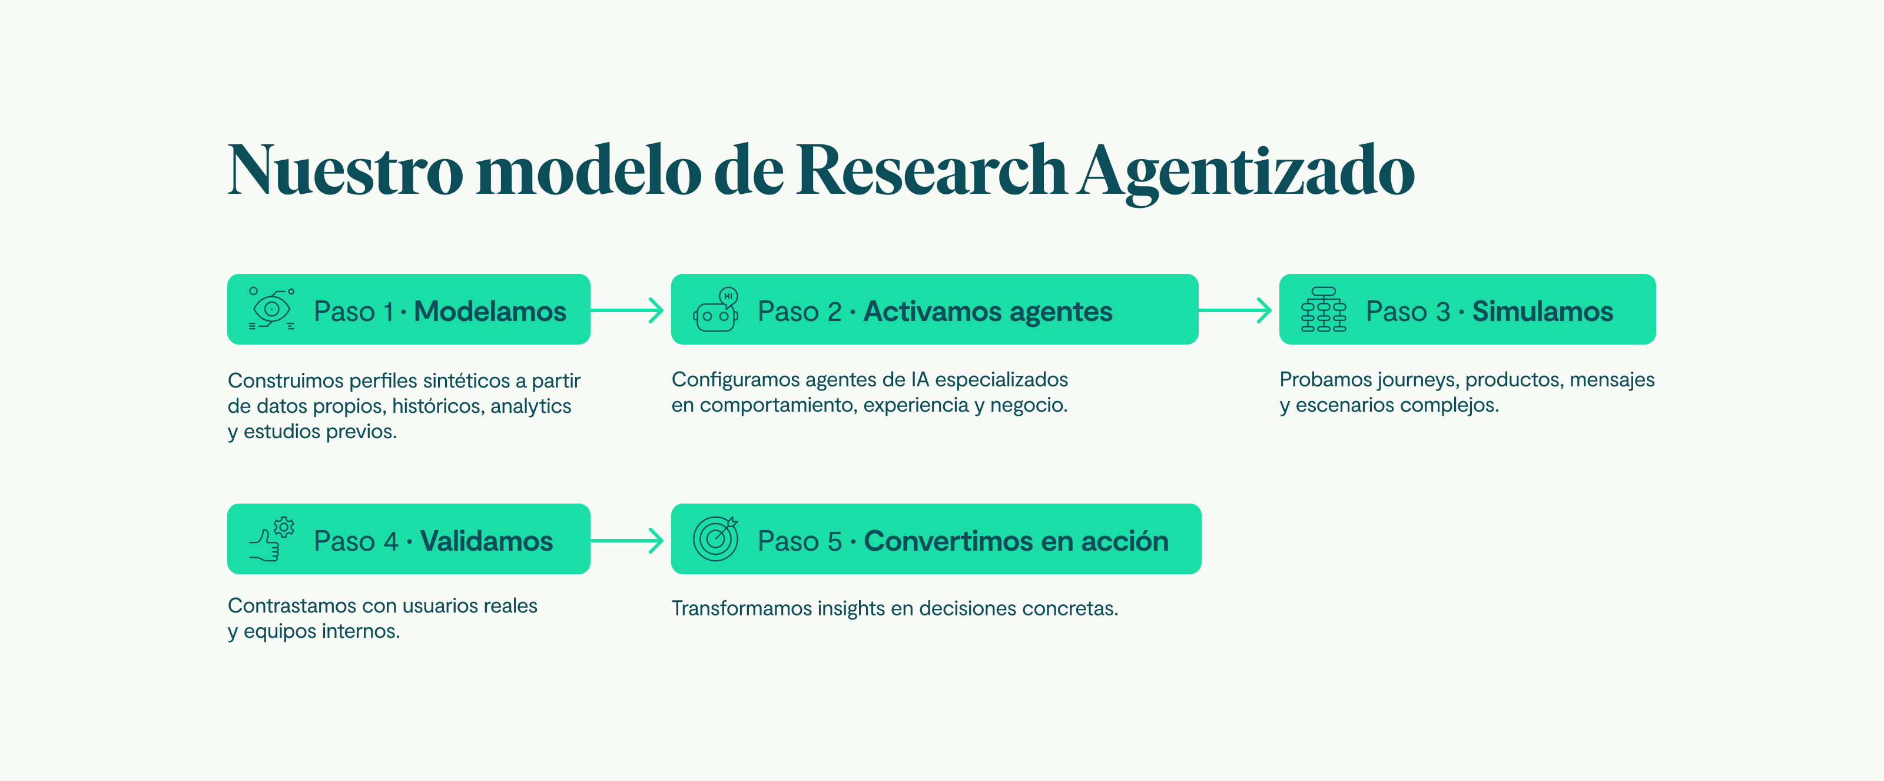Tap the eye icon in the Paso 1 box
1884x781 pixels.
point(272,309)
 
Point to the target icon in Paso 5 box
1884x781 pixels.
point(716,539)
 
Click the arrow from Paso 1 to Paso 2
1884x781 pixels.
point(627,310)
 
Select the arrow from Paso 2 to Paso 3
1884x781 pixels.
point(1235,310)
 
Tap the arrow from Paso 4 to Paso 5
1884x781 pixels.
point(627,541)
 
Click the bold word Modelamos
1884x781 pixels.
point(490,311)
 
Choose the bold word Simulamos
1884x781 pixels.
point(1543,311)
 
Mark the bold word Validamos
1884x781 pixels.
point(486,541)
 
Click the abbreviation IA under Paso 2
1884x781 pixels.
point(919,379)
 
